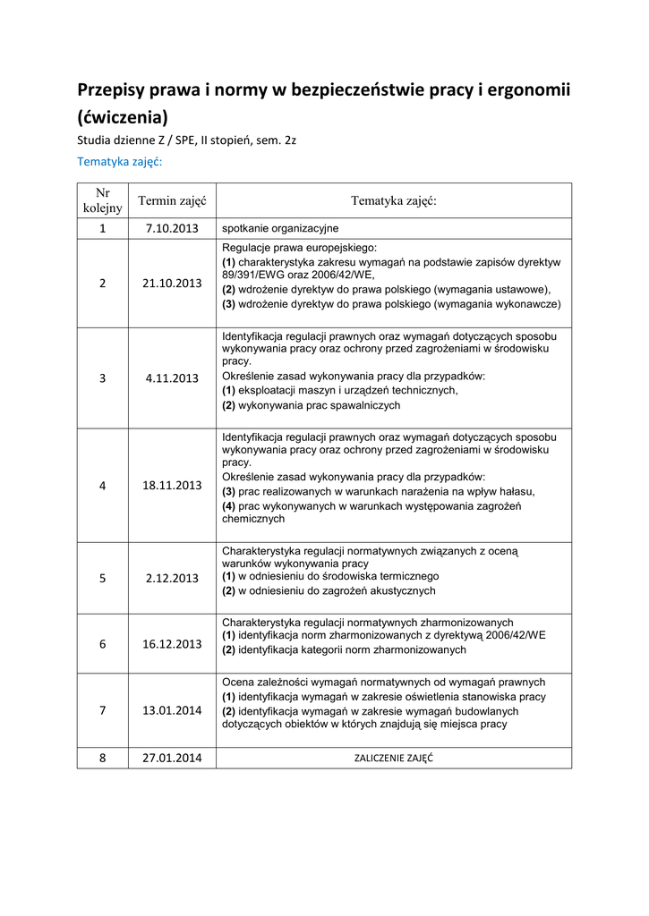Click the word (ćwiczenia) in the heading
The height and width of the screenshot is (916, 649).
click(x=122, y=117)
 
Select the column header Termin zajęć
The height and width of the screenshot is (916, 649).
click(x=172, y=201)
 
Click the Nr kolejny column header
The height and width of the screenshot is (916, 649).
click(x=102, y=200)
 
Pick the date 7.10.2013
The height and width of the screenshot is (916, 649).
click(x=172, y=228)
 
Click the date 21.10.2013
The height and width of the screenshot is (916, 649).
click(x=172, y=283)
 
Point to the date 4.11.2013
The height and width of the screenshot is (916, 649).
click(x=172, y=378)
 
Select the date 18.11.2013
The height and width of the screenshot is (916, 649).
click(x=172, y=486)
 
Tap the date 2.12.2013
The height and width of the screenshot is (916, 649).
click(x=172, y=578)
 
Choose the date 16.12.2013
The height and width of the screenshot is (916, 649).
click(x=172, y=643)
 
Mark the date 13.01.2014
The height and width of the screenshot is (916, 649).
click(x=172, y=710)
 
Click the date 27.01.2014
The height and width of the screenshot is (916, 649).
click(x=172, y=758)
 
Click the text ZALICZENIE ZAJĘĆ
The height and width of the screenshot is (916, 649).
click(x=394, y=758)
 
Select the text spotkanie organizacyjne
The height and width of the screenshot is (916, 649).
click(x=280, y=228)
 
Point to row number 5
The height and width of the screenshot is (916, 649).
click(x=102, y=578)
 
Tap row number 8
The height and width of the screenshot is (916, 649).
click(x=102, y=758)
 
